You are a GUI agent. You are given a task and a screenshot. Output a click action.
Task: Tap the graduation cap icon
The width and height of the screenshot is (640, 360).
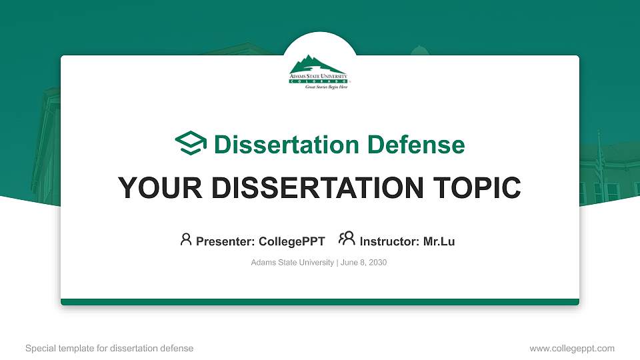pos(191,143)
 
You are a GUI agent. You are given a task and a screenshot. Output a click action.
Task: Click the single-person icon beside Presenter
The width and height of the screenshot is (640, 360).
pos(186,239)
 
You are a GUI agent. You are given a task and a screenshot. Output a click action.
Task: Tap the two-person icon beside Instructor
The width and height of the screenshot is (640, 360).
pos(347,239)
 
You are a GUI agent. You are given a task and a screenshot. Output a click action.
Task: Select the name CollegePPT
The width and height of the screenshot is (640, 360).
pos(291,241)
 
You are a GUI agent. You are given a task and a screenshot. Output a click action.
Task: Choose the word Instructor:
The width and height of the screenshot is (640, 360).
pos(389,241)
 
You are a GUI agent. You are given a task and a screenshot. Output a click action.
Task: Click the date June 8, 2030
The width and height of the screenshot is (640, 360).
pos(363,263)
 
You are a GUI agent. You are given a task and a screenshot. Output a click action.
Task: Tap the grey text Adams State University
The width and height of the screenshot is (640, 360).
pos(292,263)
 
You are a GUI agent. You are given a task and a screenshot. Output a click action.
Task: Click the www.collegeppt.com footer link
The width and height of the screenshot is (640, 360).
pos(572,348)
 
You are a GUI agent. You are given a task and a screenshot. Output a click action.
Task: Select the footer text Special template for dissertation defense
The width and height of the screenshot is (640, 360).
pos(109,348)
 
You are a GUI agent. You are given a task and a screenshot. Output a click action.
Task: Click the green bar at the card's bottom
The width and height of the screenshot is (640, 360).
pos(320,302)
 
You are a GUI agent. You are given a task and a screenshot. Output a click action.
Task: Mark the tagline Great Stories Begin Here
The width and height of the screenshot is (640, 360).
pos(327,87)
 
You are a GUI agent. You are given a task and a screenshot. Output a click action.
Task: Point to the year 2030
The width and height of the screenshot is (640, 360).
pos(377,263)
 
